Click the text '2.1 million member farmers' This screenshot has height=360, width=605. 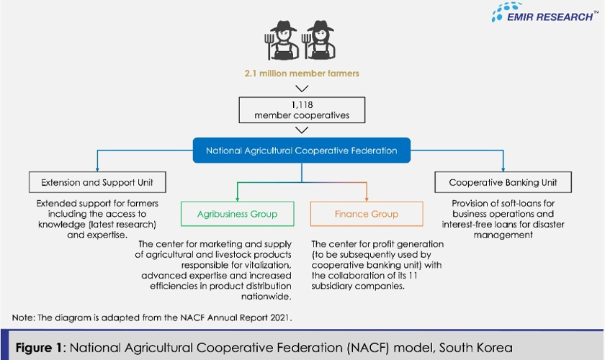(x=302, y=73)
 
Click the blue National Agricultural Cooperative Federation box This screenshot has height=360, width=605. (x=302, y=150)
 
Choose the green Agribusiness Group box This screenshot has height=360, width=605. (x=238, y=214)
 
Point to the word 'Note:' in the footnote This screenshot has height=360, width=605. (x=25, y=318)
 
